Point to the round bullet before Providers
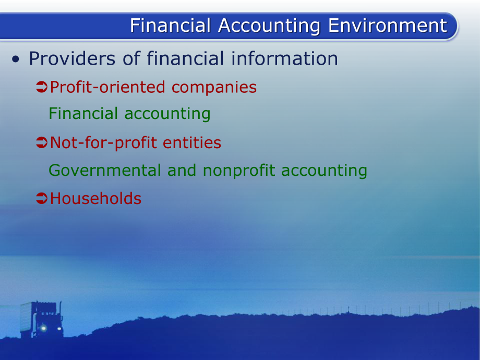16,59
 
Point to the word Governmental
105,170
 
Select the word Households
95,198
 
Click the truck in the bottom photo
42,319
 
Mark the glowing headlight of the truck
43,328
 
